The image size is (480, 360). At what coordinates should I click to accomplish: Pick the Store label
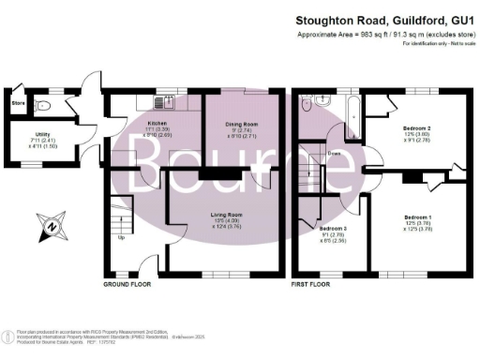coord(17,102)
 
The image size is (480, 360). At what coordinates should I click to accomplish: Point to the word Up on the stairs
coord(120,236)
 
